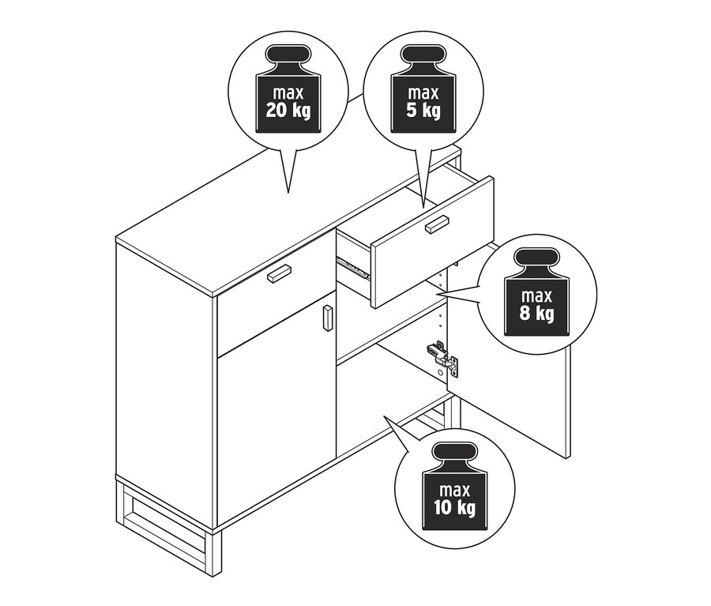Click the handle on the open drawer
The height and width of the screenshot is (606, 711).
click(436, 224)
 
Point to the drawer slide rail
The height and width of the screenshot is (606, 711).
click(352, 266)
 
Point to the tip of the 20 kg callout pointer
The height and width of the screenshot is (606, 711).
click(288, 192)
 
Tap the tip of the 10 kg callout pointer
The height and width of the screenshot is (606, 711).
click(385, 416)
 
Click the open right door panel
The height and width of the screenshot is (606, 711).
click(513, 395)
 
